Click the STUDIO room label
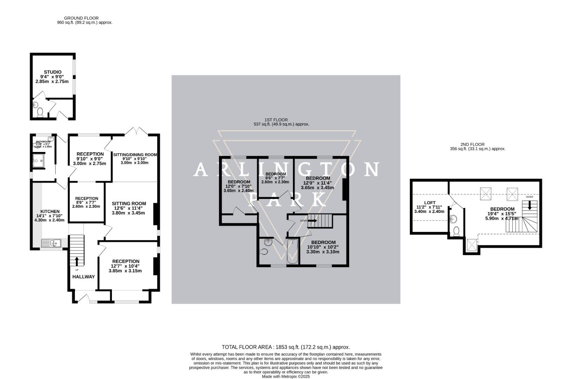pos(53,72)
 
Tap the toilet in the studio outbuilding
pos(40,113)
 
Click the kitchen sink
pos(51,243)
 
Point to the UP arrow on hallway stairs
pos(77,261)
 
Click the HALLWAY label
pos(84,277)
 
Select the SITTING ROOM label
pos(129,204)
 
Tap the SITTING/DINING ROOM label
pos(135,154)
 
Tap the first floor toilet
pos(264,251)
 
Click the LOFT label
pos(430,203)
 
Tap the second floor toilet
pos(456,231)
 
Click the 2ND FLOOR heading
pos(472,144)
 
